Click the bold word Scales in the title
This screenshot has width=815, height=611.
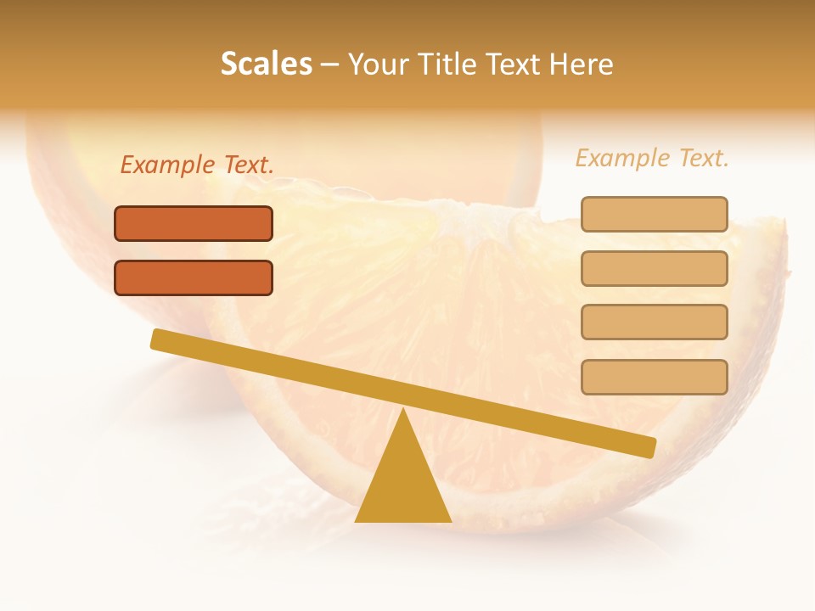click(267, 64)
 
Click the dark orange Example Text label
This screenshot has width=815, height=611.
click(197, 165)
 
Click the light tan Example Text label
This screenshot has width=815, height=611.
click(652, 158)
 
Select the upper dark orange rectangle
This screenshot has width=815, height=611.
click(194, 224)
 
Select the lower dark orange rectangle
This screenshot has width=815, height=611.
click(194, 278)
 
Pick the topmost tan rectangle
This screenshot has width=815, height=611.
click(654, 215)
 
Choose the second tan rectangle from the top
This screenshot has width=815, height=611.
click(654, 269)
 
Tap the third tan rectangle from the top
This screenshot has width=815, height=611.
click(654, 322)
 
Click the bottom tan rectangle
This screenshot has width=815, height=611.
click(654, 377)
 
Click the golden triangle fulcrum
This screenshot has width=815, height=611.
click(403, 484)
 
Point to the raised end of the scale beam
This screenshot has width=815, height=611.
click(158, 339)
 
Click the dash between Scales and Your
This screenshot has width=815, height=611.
click(330, 64)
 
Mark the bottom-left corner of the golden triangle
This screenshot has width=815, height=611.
click(357, 520)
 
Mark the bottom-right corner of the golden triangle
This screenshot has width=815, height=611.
click(450, 520)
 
